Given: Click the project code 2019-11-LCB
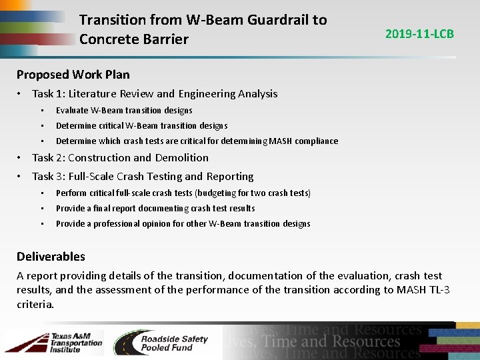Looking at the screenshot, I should point(419,33).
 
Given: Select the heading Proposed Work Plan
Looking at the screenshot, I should point(73,75).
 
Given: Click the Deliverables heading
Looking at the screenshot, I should point(51,257).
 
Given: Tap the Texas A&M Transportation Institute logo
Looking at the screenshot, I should point(54,343).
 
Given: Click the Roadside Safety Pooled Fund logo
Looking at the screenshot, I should point(161,343).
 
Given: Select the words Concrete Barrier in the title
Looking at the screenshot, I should point(133,39).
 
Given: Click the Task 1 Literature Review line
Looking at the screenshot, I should point(155,94).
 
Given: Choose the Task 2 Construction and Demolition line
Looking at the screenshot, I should point(120,158).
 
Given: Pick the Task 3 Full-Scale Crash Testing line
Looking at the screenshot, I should point(143,177).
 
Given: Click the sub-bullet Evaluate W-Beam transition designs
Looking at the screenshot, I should point(124,111).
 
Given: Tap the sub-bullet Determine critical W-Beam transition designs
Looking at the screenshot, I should point(141,126).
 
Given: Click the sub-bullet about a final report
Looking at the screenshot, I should point(155,209).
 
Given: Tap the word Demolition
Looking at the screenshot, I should point(182,158).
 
